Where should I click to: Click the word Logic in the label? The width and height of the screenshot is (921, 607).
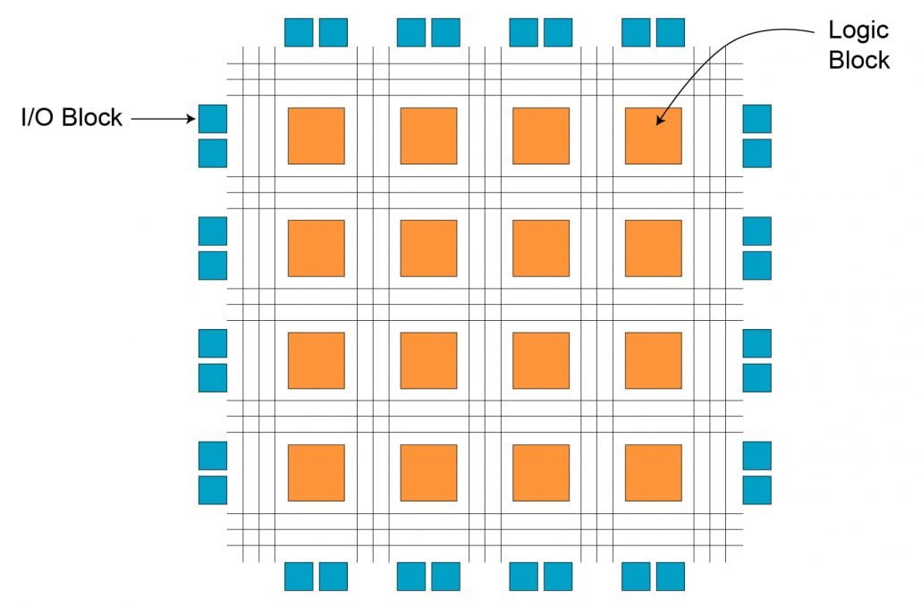click(x=858, y=31)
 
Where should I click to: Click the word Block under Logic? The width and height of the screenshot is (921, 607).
click(x=858, y=60)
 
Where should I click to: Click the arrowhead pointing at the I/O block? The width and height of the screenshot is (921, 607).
click(x=190, y=119)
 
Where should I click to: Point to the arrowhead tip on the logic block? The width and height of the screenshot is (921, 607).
click(x=656, y=125)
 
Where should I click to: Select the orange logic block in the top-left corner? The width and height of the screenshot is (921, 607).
click(x=316, y=136)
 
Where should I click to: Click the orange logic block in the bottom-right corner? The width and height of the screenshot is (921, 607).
click(x=653, y=473)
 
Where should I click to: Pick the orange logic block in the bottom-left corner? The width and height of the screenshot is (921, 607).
click(x=316, y=473)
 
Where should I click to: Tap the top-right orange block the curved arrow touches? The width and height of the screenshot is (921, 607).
click(x=653, y=136)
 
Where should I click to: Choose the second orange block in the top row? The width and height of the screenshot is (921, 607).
click(x=429, y=136)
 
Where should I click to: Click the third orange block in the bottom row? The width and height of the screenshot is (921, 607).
click(x=541, y=473)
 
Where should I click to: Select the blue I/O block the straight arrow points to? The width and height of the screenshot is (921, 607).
click(x=213, y=119)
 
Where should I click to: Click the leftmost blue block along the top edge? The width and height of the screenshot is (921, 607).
click(x=299, y=32)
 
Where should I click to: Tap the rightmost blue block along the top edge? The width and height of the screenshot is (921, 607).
click(x=671, y=32)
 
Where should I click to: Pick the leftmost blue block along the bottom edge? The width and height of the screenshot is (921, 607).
click(x=299, y=577)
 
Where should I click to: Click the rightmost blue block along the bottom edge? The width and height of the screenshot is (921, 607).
click(x=671, y=577)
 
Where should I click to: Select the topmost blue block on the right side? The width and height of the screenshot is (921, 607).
click(x=757, y=119)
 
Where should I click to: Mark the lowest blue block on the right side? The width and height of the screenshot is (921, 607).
click(x=757, y=490)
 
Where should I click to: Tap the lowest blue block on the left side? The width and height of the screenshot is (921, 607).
click(x=213, y=490)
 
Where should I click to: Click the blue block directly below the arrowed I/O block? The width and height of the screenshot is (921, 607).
click(x=213, y=153)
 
